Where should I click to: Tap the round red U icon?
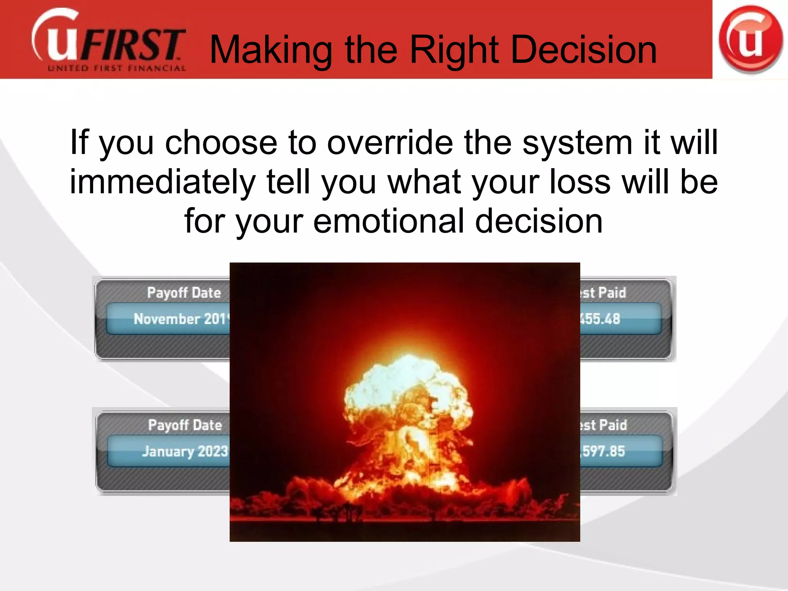750,39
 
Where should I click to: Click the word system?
577,143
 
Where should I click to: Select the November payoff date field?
169,319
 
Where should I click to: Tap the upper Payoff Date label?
184,293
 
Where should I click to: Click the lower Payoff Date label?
185,425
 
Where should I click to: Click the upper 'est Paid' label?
603,293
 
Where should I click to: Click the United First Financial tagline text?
117,69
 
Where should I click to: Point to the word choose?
221,143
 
